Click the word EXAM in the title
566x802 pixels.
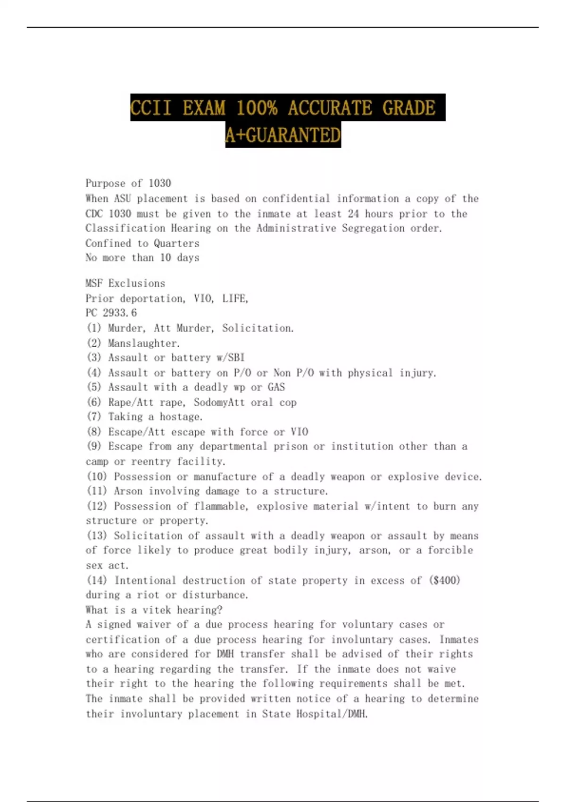click(x=204, y=108)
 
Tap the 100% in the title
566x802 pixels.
click(x=257, y=108)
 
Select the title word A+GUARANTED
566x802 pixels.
click(x=283, y=135)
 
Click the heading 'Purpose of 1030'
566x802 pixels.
click(x=128, y=183)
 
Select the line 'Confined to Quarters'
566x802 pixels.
click(x=142, y=243)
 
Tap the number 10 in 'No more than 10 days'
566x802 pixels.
click(x=165, y=258)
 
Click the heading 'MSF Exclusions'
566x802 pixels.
click(x=125, y=283)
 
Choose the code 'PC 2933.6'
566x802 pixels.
click(x=111, y=313)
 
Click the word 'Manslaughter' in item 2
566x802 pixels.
click(x=143, y=343)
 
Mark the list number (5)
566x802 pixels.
click(x=94, y=387)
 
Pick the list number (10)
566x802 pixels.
click(x=97, y=476)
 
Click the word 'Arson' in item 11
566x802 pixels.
click(x=128, y=491)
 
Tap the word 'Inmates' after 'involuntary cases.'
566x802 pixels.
click(x=459, y=640)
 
